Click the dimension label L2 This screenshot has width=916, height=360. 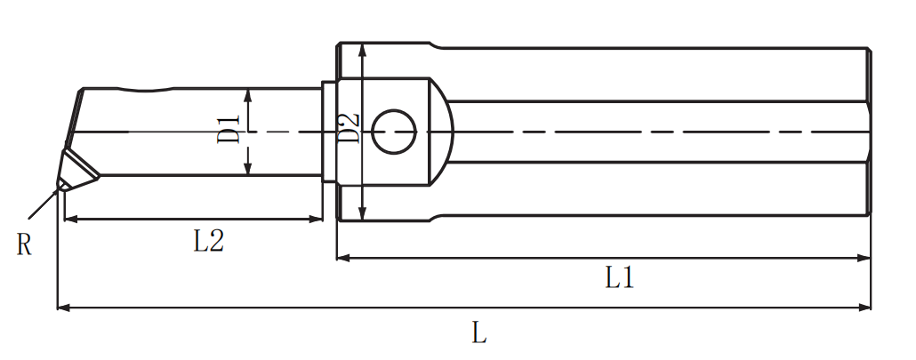209,241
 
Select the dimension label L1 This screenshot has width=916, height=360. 619,279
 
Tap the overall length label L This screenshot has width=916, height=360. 479,333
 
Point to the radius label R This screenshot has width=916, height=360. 23,245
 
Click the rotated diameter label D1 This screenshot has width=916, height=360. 229,130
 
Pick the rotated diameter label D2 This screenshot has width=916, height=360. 349,128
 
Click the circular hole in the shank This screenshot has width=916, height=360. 394,132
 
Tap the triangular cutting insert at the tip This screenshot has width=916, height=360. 76,169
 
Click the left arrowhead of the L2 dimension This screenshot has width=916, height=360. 70,220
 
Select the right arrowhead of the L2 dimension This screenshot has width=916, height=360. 316,220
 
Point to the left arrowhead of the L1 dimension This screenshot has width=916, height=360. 344,258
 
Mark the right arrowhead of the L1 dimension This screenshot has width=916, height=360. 864,258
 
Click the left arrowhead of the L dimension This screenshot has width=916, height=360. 64,308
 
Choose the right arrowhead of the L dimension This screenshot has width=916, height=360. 864,308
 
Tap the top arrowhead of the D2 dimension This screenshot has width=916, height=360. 363,50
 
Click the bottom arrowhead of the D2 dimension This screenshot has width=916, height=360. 363,213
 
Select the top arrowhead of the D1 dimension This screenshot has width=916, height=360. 248,96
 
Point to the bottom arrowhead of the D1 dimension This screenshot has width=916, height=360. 248,167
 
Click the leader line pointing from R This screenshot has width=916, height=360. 44,203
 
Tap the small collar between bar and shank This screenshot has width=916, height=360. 329,132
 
